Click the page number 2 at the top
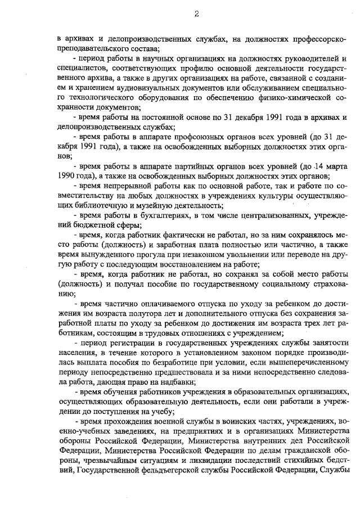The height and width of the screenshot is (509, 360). pos(197,14)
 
